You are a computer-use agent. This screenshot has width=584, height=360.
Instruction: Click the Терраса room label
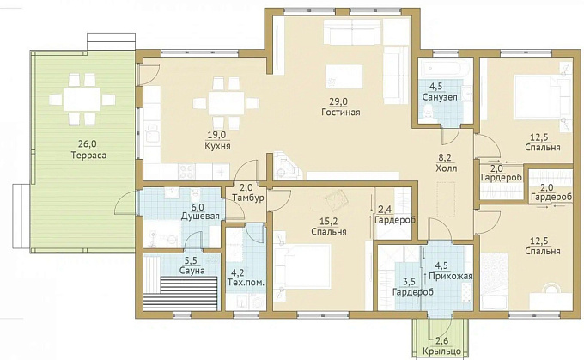coord(88,156)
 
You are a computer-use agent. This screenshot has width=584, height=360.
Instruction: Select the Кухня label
coord(217,146)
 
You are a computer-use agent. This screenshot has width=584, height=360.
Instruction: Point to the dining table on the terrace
coord(82,99)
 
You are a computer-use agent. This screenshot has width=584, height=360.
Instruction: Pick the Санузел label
coord(440,97)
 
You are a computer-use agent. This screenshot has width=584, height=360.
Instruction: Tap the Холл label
coord(447,168)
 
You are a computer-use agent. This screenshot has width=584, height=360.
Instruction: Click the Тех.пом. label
coord(246,283)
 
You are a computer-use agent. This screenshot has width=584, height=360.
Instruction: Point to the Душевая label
coord(200,217)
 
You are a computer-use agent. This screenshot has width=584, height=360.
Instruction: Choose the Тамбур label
coord(248,198)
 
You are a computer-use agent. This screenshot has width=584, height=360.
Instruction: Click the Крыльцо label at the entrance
coord(441,351)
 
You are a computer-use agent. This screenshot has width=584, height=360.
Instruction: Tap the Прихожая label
coord(451,276)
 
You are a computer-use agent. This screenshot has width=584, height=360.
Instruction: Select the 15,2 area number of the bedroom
coord(329,222)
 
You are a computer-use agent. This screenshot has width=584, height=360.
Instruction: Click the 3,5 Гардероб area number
coord(409,282)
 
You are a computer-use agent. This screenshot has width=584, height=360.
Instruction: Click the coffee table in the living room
coord(344,76)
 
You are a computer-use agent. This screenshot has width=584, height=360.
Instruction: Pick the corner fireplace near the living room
coord(285,166)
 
